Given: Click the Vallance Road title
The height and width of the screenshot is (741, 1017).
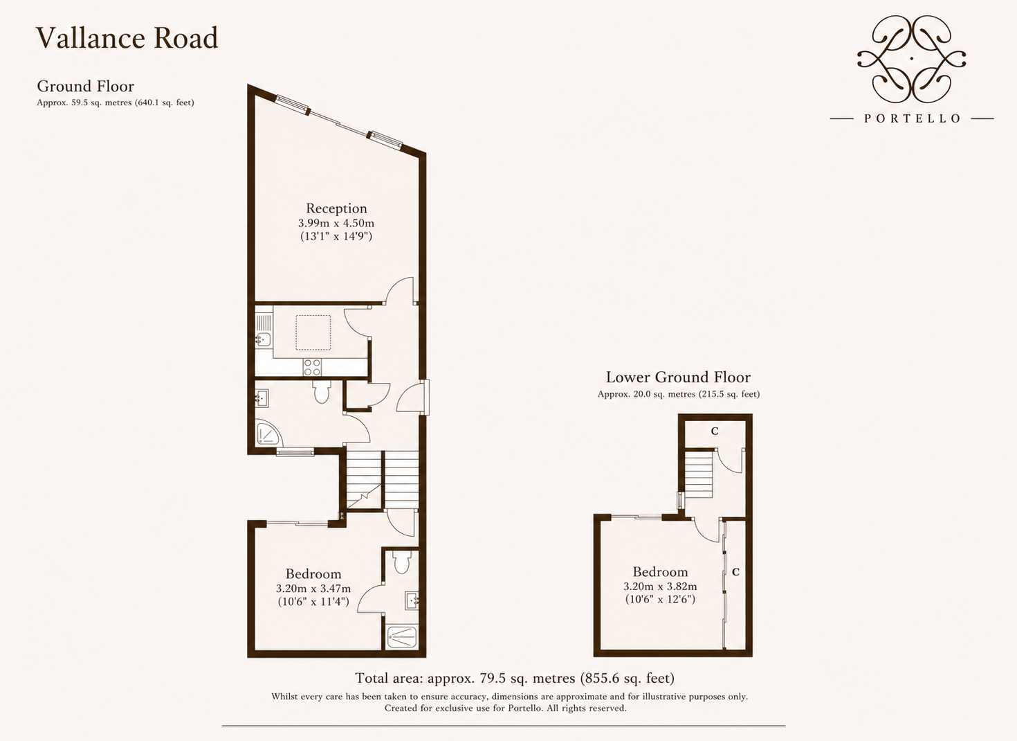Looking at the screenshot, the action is coord(127,37).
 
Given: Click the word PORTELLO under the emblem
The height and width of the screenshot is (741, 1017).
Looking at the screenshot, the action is coord(912,118).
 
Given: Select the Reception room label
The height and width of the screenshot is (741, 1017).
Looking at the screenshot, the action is coord(336,208).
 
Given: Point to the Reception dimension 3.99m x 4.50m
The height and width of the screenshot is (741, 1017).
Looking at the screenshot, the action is coord(336,223).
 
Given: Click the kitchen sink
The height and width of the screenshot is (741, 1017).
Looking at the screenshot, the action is coord(263,339).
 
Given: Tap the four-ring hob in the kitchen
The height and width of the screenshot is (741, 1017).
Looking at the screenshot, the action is coord(313,367).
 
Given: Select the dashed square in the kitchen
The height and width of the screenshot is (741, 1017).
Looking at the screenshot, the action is coord(313,333).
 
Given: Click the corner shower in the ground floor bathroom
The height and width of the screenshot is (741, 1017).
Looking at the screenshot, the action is coord(268,433).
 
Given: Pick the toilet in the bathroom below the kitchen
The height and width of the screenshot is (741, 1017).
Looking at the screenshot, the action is coord(322,393).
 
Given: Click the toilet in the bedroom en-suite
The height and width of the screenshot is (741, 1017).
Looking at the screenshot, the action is coord(401,563).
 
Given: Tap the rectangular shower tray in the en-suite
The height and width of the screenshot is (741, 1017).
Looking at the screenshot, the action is coord(401,637).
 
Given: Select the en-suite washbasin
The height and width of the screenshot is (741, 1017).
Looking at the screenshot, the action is coord(412,601).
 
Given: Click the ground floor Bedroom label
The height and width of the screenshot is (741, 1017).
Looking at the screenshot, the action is coord(313,574).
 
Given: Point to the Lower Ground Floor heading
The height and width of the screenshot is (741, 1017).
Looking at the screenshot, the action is coord(678,377).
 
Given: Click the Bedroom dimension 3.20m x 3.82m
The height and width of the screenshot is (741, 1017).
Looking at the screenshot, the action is coord(660,587).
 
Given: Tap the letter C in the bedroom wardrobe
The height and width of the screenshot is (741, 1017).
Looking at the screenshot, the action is coord(736,572).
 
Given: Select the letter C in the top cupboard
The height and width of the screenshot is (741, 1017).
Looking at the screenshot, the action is coord(715,431).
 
